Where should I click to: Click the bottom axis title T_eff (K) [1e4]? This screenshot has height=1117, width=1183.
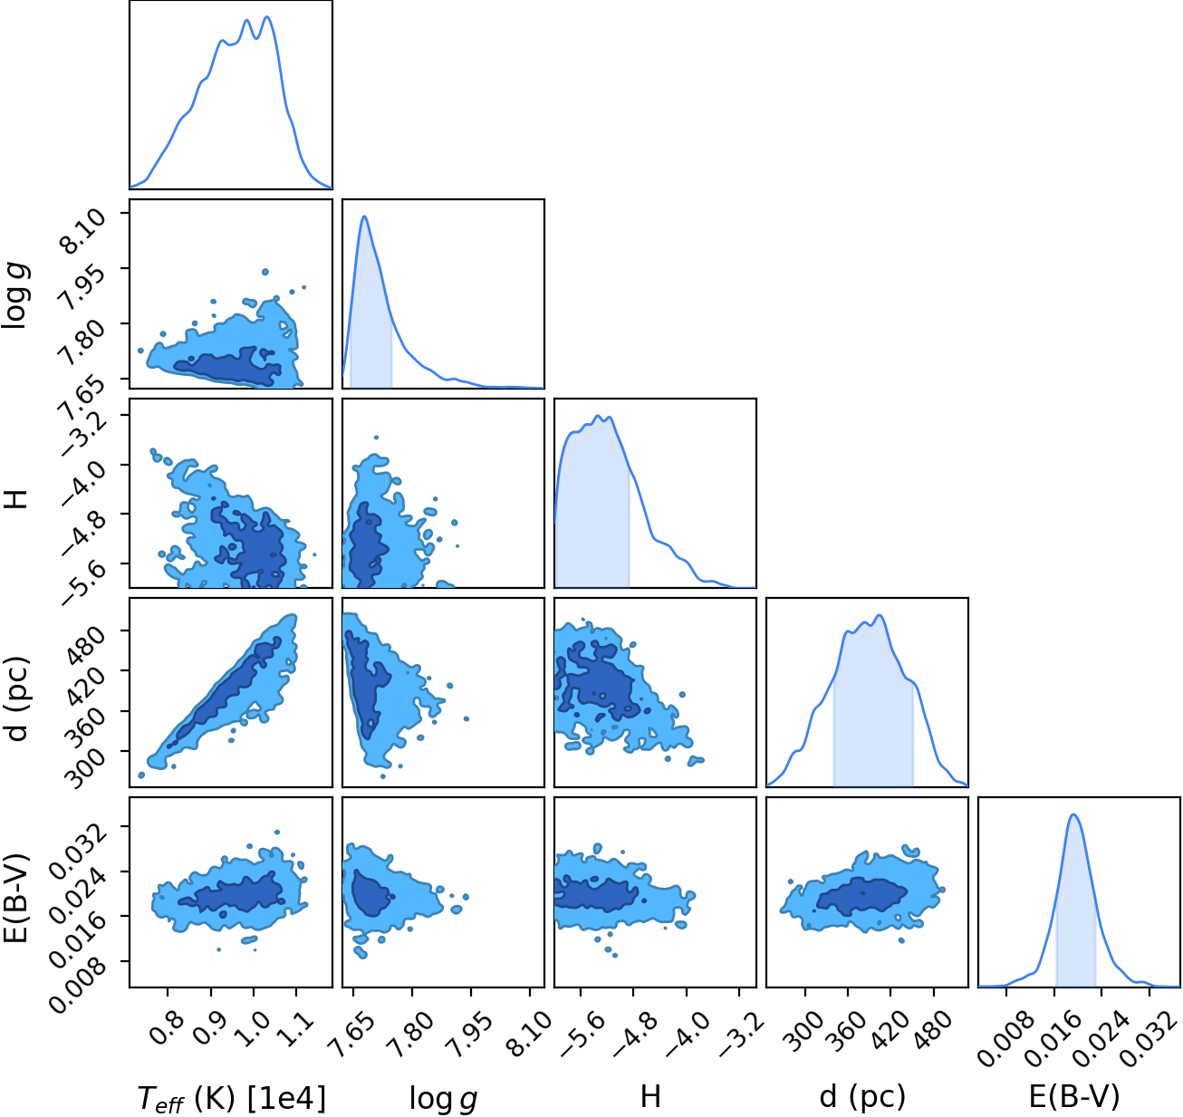coord(232,1097)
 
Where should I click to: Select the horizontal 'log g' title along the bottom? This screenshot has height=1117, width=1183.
coord(444,1097)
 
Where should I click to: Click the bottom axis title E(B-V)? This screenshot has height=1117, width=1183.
coord(1074,1096)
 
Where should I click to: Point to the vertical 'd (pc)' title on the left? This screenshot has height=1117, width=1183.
coord(16,698)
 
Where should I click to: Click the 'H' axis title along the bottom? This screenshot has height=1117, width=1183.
coord(650,1095)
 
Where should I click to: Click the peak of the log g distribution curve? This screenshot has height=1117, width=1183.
coord(364,217)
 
